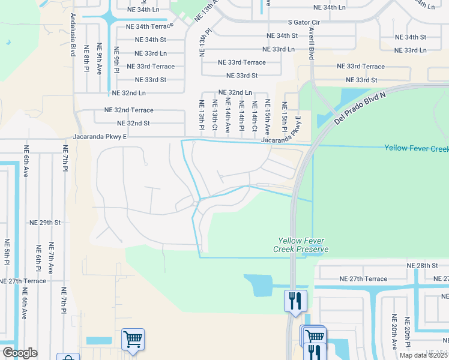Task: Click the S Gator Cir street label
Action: point(306,22)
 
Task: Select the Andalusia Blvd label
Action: point(73,35)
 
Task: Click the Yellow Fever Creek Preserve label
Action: point(301,244)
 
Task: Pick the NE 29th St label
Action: point(46,222)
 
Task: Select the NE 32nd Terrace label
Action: point(128,110)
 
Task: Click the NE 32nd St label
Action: point(127,123)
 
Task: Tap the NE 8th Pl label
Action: point(86,59)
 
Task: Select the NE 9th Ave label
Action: point(100,59)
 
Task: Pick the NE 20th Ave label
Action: point(394,331)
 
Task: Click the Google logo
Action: point(20,353)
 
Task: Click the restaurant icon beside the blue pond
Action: point(295,300)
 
